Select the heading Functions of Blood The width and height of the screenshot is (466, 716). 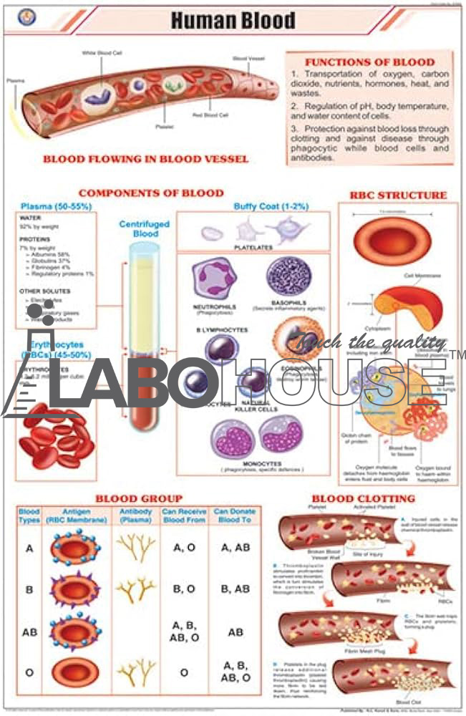point(369,62)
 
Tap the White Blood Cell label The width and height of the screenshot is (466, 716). point(102,52)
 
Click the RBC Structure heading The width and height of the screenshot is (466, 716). point(397,194)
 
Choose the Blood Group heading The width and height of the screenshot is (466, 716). point(139,498)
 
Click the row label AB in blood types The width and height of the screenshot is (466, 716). point(30,632)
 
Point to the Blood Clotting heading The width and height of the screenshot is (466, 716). point(363,498)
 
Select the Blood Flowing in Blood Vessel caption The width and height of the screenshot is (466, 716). point(145,158)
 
